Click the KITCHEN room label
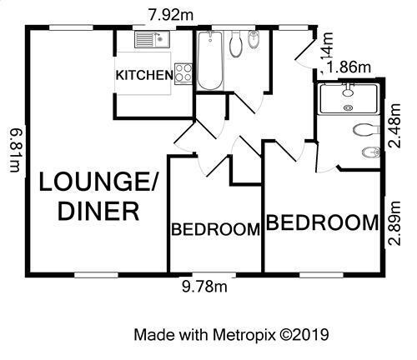pyautogui.click(x=144, y=75)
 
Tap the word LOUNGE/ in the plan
pyautogui.click(x=98, y=182)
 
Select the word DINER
pyautogui.click(x=98, y=211)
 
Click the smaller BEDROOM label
pyautogui.click(x=216, y=229)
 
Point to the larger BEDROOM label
pyautogui.click(x=323, y=222)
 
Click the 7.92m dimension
pyautogui.click(x=171, y=15)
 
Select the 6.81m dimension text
pyautogui.click(x=15, y=150)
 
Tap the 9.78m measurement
pyautogui.click(x=204, y=287)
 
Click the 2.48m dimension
pyautogui.click(x=394, y=126)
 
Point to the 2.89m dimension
pyautogui.click(x=394, y=223)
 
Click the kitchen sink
pyautogui.click(x=153, y=39)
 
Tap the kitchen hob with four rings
pyautogui.click(x=183, y=74)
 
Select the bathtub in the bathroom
pyautogui.click(x=210, y=61)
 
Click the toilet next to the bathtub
pyautogui.click(x=236, y=44)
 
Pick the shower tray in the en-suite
pyautogui.click(x=349, y=99)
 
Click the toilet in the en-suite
pyautogui.click(x=366, y=130)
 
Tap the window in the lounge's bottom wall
pyautogui.click(x=97, y=275)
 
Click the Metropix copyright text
pyautogui.click(x=231, y=334)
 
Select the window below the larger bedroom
pyautogui.click(x=321, y=275)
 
